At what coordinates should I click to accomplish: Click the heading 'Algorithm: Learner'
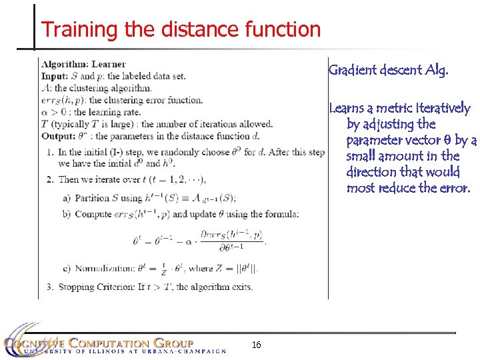[83, 65]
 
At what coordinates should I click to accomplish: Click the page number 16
[257, 345]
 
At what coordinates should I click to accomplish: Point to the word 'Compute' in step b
[93, 214]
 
